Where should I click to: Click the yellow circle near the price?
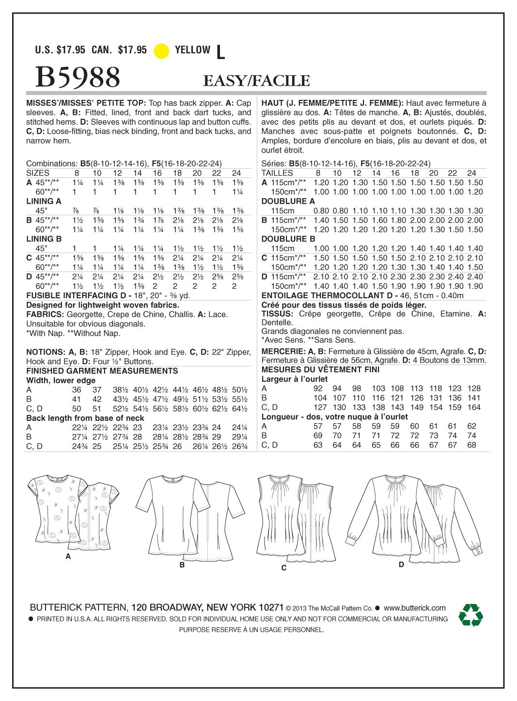click(x=161, y=51)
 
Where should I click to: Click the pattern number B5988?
click(x=78, y=77)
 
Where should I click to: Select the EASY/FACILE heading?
click(x=256, y=80)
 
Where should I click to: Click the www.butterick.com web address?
click(x=414, y=607)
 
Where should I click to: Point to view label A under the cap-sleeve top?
click(x=68, y=557)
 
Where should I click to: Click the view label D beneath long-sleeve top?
click(x=401, y=564)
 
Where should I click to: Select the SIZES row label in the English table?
click(x=38, y=173)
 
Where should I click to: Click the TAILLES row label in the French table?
click(x=277, y=173)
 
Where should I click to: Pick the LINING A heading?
click(x=44, y=201)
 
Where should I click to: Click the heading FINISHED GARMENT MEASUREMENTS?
click(x=102, y=371)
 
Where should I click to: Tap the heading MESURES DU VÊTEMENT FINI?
click(x=320, y=370)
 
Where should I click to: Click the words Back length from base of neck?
click(x=85, y=418)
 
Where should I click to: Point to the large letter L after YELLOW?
click(x=220, y=52)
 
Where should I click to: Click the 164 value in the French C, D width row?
click(x=474, y=407)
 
